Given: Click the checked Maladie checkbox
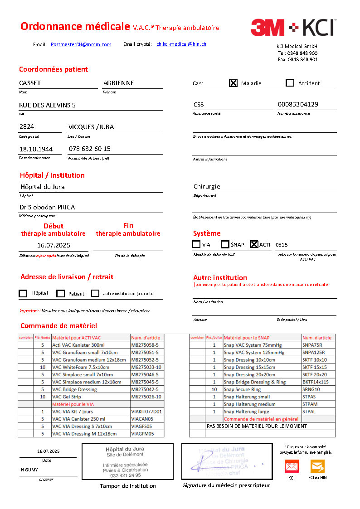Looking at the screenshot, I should tap(233, 83).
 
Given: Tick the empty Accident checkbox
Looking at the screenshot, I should tap(290, 83).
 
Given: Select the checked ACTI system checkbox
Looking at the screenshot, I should tap(254, 244).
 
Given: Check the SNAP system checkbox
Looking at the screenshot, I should tap(225, 244).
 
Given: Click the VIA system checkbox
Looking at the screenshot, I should tap(196, 244).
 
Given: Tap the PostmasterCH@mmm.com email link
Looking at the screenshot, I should tap(81, 44).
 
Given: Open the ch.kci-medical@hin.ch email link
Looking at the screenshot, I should tap(181, 44).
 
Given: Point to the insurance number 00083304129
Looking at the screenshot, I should tap(298, 104).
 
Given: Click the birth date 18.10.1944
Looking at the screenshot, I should tap(36, 149).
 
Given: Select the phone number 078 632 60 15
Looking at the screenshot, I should tap(90, 149).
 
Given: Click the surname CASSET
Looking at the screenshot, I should tap(30, 83).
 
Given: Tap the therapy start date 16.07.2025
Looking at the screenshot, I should tap(54, 245).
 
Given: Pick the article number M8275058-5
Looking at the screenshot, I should tap(145, 345).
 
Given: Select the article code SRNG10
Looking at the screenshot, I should tap(311, 389).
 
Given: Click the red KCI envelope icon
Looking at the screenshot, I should tap(292, 466).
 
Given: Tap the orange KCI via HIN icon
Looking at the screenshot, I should tap(317, 466).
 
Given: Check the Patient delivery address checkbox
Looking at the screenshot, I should tap(61, 293).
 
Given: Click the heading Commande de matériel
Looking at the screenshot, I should tap(58, 325).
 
